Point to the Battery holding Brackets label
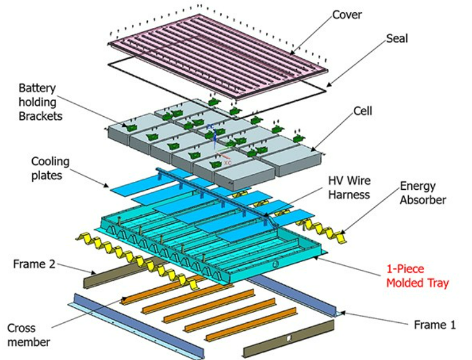(40, 102)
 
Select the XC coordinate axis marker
(226, 163)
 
